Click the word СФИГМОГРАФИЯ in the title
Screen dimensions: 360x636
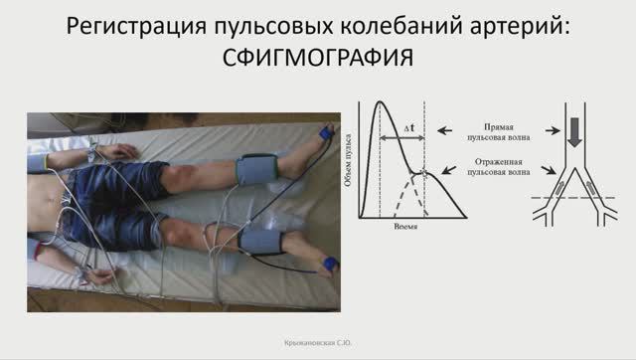[x=317, y=59]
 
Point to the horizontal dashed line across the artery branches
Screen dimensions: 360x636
[x=576, y=199]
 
